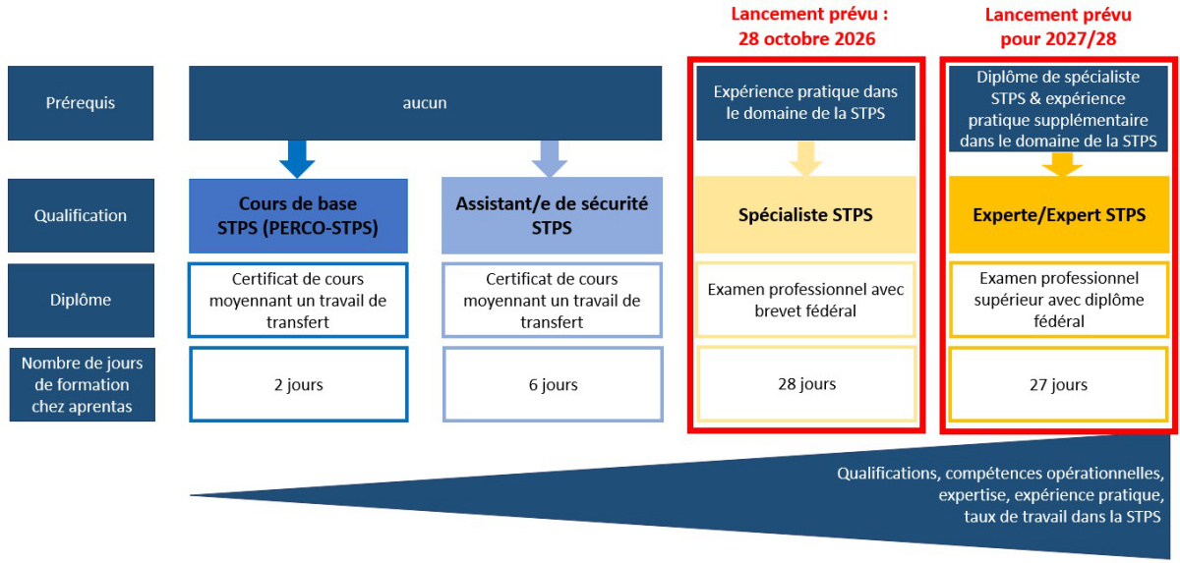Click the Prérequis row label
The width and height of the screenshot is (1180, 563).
point(81,102)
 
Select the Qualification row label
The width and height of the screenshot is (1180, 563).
point(81,215)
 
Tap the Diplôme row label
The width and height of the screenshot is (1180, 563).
point(81,300)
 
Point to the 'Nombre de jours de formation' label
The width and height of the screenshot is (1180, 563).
point(81,385)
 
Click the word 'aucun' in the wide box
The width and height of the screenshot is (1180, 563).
point(425,102)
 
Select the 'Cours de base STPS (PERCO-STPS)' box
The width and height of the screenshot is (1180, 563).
point(298,215)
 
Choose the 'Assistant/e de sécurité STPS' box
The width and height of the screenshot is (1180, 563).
point(552,215)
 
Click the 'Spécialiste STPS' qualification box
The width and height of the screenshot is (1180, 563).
point(805,215)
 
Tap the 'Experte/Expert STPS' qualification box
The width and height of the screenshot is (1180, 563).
point(1060,215)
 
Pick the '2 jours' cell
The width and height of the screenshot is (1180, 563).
point(298,384)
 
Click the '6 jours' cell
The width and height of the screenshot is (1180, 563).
point(552,384)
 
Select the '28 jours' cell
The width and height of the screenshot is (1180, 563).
point(805,383)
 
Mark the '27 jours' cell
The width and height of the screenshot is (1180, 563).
point(1060,384)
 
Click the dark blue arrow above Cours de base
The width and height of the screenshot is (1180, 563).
point(297,158)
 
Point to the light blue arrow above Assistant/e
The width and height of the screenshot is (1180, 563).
point(551,158)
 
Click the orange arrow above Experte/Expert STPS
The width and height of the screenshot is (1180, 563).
point(1060,164)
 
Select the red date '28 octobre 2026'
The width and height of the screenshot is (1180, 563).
point(806,40)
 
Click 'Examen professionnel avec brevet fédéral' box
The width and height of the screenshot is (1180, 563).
point(805,300)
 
